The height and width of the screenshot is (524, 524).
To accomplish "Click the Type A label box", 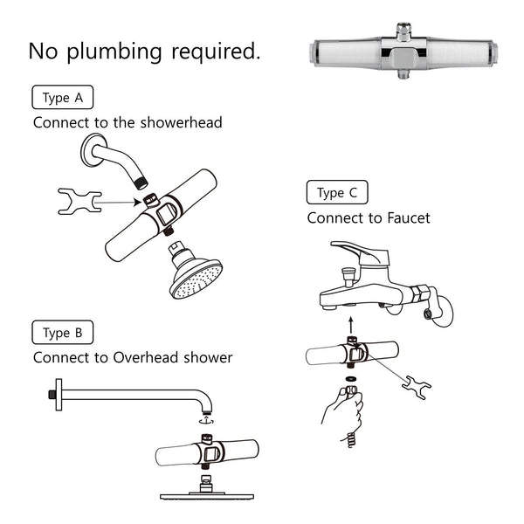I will pos(62,95).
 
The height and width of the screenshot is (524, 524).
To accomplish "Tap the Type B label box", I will pos(62,332).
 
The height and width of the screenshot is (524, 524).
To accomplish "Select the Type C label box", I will pos(337,192).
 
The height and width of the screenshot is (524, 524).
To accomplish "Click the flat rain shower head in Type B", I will pos(207,495).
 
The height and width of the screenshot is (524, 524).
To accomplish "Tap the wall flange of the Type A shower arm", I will pos(93,150).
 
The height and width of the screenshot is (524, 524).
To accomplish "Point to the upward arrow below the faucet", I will pos(351,324).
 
